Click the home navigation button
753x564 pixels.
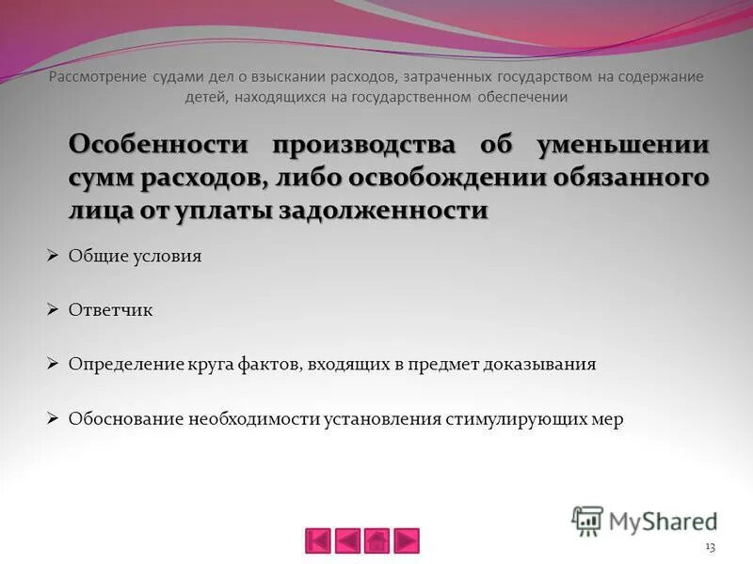click(376, 540)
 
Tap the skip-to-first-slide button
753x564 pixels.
click(319, 540)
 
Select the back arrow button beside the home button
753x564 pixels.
click(348, 540)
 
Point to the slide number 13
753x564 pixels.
click(710, 547)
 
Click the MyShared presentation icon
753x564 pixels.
click(587, 520)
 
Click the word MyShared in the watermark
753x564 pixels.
click(663, 521)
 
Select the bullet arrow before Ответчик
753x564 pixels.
click(54, 309)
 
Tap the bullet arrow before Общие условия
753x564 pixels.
click(54, 255)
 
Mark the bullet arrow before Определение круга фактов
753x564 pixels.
click(54, 364)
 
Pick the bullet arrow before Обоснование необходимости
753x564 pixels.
click(54, 418)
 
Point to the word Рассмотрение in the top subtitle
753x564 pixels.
click(97, 77)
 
